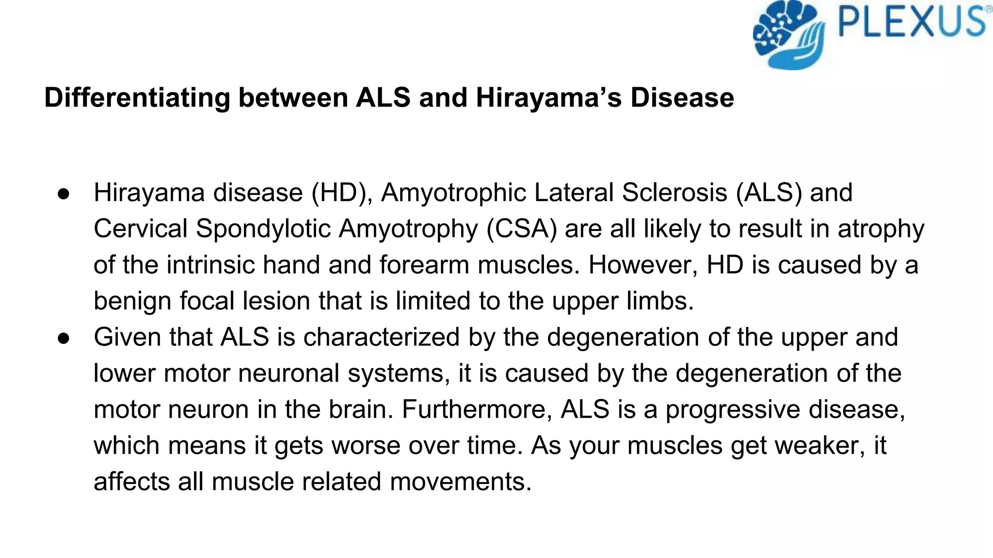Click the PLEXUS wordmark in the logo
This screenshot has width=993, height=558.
pyautogui.click(x=912, y=22)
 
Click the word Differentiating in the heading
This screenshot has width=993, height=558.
pyautogui.click(x=137, y=98)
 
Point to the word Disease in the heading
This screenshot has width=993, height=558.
pyautogui.click(x=682, y=98)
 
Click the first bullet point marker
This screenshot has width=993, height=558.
pyautogui.click(x=64, y=194)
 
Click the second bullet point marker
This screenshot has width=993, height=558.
pyautogui.click(x=64, y=338)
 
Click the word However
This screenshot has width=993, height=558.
pyautogui.click(x=643, y=265)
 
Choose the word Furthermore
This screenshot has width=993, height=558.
pyautogui.click(x=477, y=409)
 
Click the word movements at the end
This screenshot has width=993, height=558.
pyautogui.click(x=461, y=482)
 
